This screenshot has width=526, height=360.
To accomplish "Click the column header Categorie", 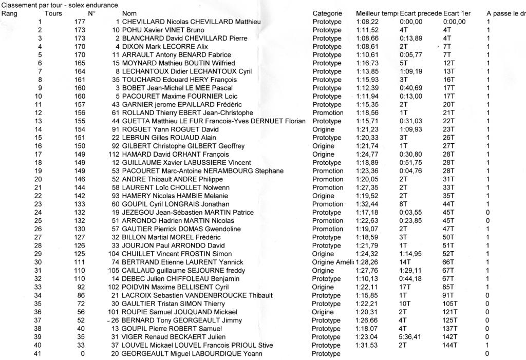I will point(327,13).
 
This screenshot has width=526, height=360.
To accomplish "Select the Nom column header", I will point(129,13).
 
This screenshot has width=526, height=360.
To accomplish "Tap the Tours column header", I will point(53,13).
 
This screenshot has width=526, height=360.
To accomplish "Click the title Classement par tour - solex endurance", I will point(60,5).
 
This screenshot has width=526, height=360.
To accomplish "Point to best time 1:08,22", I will point(366,22).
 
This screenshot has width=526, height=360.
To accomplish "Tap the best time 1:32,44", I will point(366,204).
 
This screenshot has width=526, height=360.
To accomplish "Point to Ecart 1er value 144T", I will point(450,345).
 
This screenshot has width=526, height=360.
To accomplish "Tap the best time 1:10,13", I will point(366,279).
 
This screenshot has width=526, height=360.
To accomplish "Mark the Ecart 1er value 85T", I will point(448,287).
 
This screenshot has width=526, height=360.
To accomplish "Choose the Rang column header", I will point(10,13).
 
